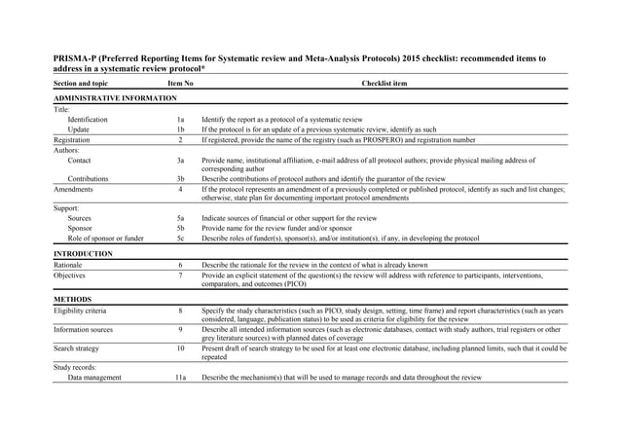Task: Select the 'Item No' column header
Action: pos(180,84)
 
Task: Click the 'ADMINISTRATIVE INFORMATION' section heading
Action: pos(115,99)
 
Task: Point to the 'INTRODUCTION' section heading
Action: pos(83,253)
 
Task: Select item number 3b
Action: pos(180,179)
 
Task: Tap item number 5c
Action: pos(180,238)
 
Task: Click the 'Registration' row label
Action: pos(74,139)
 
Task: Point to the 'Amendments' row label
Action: pos(75,189)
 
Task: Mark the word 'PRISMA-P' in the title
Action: pos(77,58)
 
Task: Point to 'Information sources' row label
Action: pos(85,329)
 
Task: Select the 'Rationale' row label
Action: pos(69,265)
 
